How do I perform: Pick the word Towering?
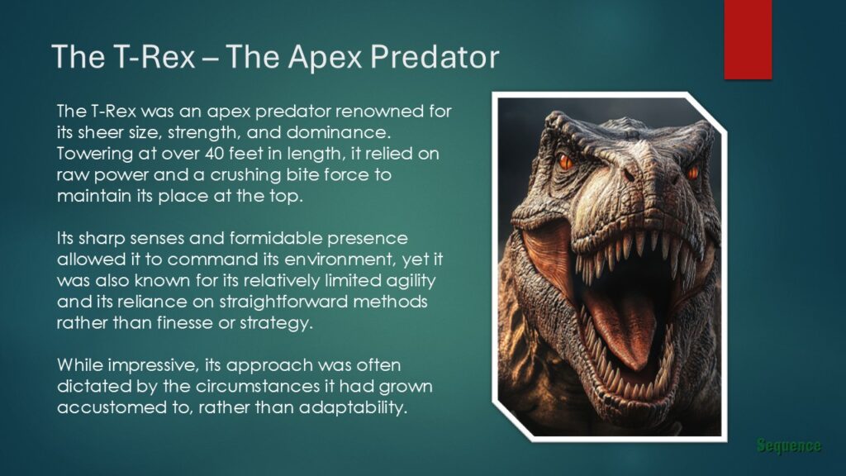pyautogui.click(x=92, y=153)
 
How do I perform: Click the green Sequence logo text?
pyautogui.click(x=788, y=446)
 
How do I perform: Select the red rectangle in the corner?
pyautogui.click(x=748, y=39)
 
